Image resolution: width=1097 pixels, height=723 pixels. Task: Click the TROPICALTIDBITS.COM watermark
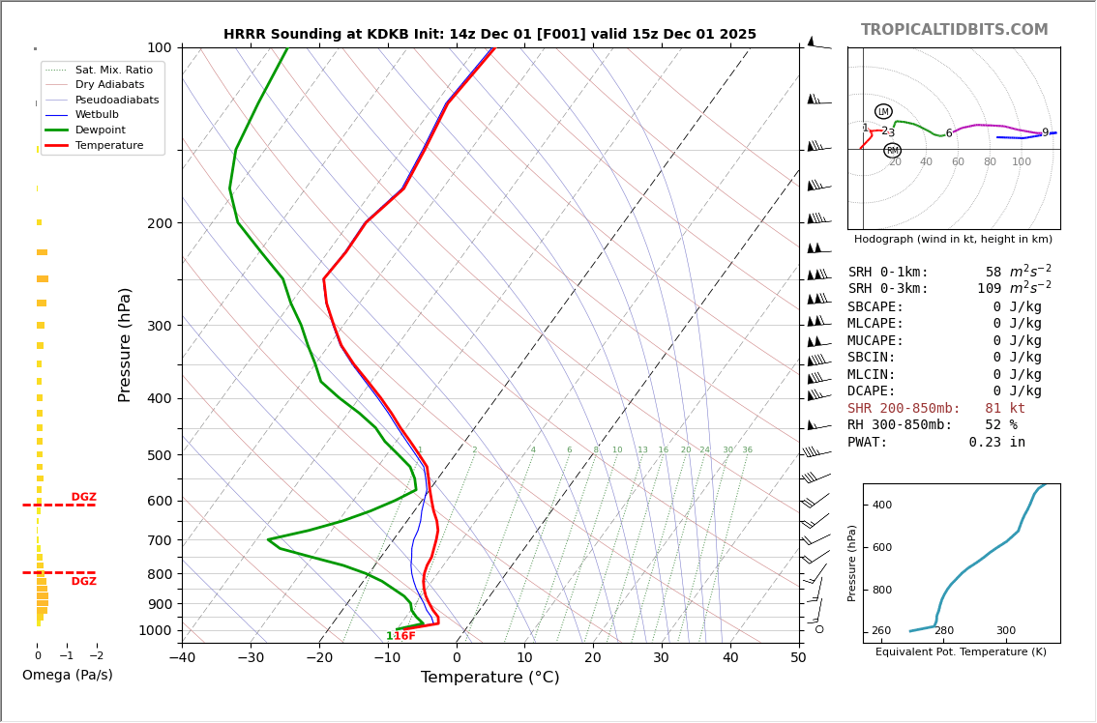tap(954, 30)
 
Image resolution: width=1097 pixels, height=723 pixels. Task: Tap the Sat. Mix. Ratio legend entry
tap(113, 70)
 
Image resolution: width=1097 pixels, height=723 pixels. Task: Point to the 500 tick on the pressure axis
tap(159, 455)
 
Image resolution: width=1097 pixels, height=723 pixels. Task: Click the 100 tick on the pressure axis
tap(159, 47)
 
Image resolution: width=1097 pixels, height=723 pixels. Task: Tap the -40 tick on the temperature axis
tap(182, 658)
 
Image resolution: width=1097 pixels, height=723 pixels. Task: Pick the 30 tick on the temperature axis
tap(661, 658)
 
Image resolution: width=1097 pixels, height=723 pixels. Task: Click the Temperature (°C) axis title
tap(489, 678)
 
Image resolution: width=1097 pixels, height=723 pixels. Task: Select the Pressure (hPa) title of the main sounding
tap(126, 344)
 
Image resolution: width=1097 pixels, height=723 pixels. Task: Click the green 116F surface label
tap(400, 636)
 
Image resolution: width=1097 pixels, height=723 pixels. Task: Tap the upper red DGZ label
tap(84, 498)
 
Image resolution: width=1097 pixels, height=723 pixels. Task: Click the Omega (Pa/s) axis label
tap(68, 675)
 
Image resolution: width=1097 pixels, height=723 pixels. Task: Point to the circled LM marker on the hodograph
tap(883, 111)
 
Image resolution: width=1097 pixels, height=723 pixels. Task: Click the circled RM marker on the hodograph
tap(892, 151)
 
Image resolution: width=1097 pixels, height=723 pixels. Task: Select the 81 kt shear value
tap(1005, 409)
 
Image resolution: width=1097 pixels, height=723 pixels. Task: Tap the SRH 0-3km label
tap(888, 289)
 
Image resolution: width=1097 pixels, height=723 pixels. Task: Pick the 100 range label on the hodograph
tap(1022, 161)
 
